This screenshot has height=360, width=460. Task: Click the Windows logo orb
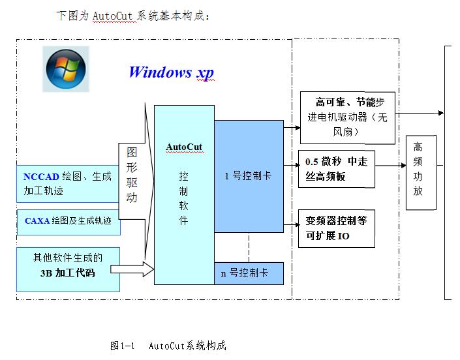click(66, 69)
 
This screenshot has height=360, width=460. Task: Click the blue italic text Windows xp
click(172, 72)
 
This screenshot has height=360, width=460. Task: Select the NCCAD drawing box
click(67, 184)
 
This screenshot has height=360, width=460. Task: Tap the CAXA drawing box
click(69, 222)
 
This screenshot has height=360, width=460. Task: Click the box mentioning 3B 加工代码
click(68, 269)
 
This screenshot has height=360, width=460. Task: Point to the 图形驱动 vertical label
click(132, 175)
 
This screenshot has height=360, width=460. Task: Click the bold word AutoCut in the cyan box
click(184, 147)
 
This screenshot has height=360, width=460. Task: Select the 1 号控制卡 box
click(249, 176)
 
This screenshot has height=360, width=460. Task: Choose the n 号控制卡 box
click(249, 273)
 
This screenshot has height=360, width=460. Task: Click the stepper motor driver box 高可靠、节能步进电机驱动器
click(348, 117)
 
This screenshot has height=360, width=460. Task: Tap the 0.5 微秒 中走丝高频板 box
click(337, 169)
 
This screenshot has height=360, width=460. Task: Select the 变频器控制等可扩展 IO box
click(337, 228)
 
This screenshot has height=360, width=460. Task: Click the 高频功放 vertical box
click(421, 172)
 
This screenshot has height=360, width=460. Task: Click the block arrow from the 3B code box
click(132, 269)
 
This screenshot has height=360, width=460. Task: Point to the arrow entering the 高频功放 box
click(390, 166)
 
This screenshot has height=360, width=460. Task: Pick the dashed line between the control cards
click(249, 247)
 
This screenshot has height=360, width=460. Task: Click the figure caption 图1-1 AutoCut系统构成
click(168, 346)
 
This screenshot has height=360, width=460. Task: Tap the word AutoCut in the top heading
click(112, 16)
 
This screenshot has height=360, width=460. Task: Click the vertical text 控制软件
click(183, 198)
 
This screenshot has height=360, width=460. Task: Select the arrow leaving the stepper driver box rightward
click(420, 113)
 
